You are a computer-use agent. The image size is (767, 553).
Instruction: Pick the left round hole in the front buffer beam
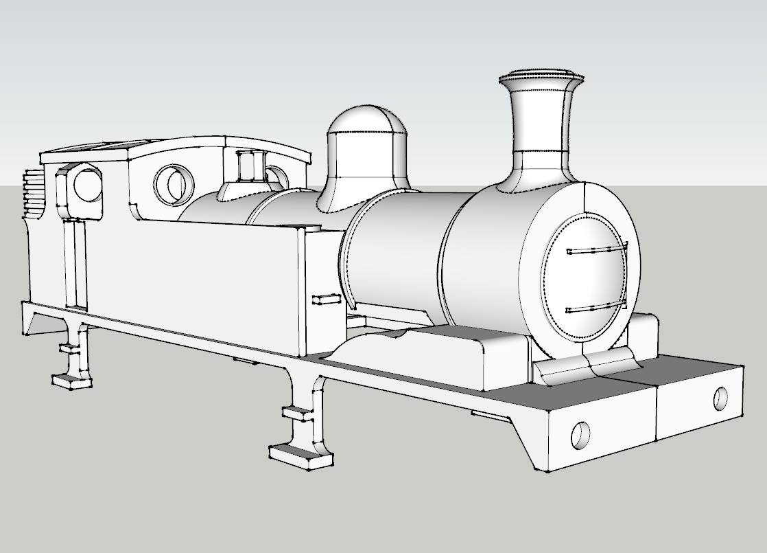click(580, 433)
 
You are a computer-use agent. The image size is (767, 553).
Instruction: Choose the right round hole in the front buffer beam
click(720, 398)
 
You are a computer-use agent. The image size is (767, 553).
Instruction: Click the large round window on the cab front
click(174, 183)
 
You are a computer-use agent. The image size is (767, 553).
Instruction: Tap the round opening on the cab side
click(87, 185)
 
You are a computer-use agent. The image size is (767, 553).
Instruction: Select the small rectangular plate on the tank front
click(326, 300)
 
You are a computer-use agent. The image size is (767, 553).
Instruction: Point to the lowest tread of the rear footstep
click(71, 379)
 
